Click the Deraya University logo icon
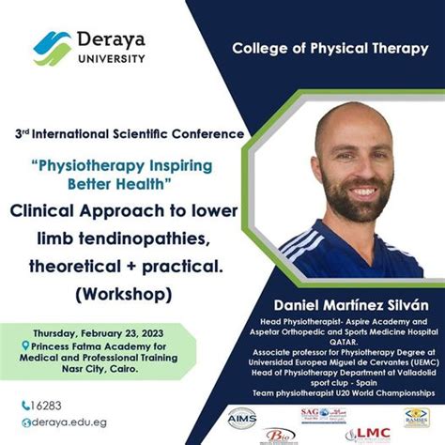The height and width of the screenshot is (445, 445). (x=53, y=47)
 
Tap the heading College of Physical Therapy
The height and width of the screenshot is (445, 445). (x=337, y=74)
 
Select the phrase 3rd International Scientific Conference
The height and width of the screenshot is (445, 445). (x=128, y=133)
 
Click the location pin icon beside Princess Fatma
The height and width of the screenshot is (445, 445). (x=25, y=345)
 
